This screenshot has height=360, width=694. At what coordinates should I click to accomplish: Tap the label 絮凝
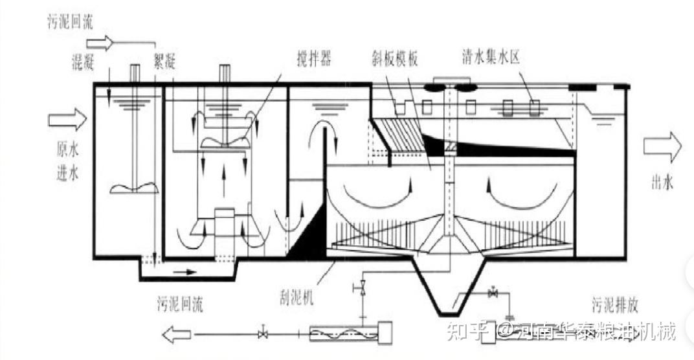(164, 62)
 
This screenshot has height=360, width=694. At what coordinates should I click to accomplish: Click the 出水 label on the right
(662, 183)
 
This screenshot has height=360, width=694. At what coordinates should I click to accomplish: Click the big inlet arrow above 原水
(67, 120)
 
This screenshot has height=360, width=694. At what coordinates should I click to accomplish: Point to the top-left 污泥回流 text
(71, 22)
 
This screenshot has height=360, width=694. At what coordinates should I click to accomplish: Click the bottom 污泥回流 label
(179, 305)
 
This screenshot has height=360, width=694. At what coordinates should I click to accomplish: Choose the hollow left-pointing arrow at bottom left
(176, 335)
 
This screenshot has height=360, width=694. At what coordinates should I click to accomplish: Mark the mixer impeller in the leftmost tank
(135, 188)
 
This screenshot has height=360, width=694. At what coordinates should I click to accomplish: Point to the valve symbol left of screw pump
(262, 334)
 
